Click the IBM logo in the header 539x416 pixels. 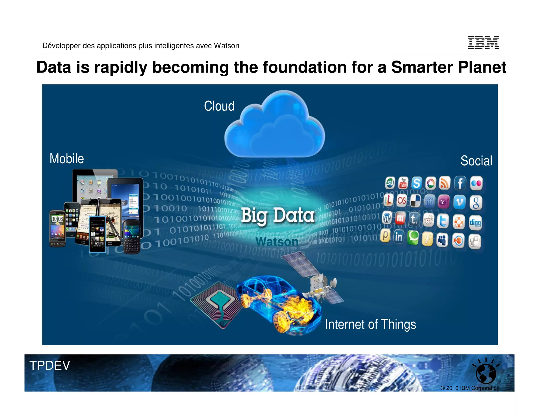pos(483,43)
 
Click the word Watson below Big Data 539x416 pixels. pos(277,241)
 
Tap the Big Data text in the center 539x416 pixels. pos(278,215)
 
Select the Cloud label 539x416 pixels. pos(219,106)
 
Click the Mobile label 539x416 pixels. pos(67,159)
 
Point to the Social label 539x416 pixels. pos(476,161)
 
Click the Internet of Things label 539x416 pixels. pos(370,324)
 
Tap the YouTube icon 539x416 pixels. pos(403,183)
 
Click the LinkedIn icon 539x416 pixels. pos(398,237)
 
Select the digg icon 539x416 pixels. pos(475,222)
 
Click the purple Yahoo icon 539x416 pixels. pos(443,202)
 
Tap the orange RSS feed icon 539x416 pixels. pos(445,183)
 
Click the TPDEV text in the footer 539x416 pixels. pos(49,365)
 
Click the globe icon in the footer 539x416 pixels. pos(486,373)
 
